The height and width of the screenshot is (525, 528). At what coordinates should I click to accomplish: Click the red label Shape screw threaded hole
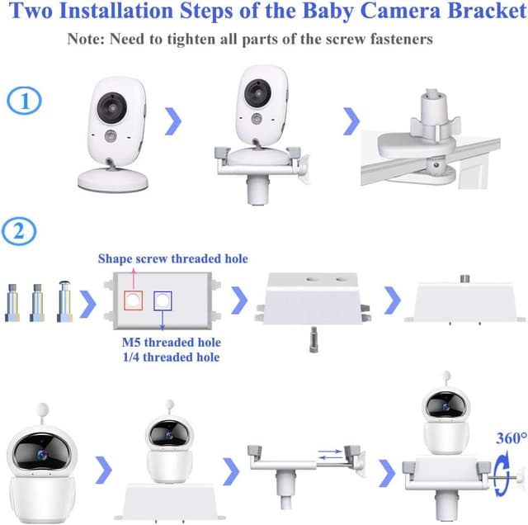pos(172,259)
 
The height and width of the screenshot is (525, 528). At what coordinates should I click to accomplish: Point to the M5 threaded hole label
pos(172,342)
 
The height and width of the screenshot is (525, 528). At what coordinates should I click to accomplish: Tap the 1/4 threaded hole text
pos(172,357)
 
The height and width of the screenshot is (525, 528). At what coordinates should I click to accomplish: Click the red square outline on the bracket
pos(131,300)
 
